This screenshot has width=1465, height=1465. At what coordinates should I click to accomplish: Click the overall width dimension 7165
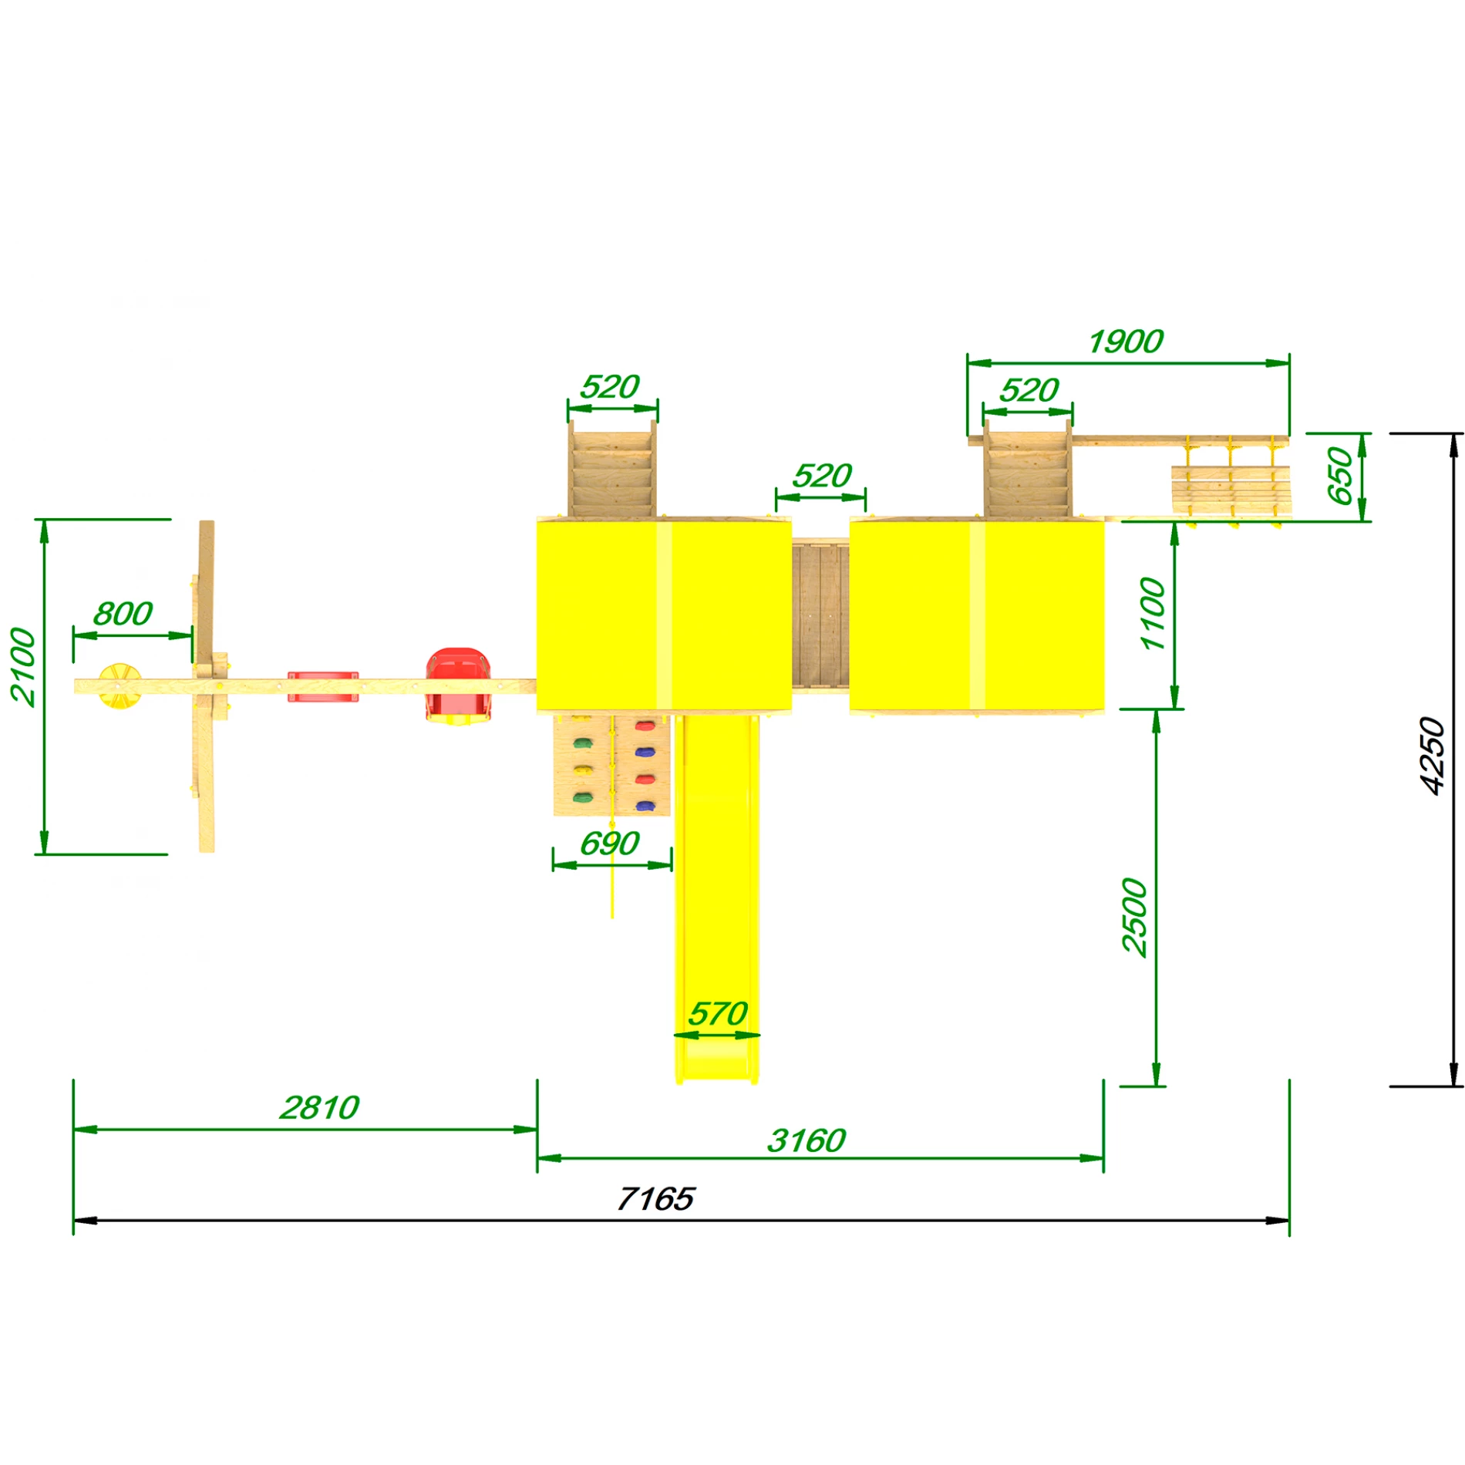655,1199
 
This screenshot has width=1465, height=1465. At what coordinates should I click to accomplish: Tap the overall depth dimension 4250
1432,756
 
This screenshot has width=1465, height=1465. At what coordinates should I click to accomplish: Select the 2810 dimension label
319,1108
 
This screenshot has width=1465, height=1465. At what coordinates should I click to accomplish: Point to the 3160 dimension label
807,1140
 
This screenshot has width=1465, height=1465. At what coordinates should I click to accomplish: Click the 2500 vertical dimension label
1135,918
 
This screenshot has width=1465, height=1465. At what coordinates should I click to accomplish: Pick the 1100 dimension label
1153,614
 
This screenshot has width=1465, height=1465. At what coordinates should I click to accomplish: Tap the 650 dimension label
1340,476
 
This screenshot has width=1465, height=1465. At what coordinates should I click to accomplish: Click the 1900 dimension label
1126,342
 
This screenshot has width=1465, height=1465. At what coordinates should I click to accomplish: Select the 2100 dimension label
23,667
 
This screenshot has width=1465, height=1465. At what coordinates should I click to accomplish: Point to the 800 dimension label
123,615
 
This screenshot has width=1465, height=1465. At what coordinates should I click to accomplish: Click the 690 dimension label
609,844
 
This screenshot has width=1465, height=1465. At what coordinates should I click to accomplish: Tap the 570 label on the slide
717,1014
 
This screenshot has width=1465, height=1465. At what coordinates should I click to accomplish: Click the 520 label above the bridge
822,476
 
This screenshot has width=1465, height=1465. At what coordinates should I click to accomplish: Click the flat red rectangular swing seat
323,686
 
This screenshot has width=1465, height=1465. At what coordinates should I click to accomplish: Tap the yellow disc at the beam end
120,685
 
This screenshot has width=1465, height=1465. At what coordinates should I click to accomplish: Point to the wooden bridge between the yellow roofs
820,615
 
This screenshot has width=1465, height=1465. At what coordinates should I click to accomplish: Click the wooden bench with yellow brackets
1230,490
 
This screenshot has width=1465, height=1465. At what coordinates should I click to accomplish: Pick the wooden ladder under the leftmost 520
612,470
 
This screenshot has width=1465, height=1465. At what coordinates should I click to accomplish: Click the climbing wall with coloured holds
611,765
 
